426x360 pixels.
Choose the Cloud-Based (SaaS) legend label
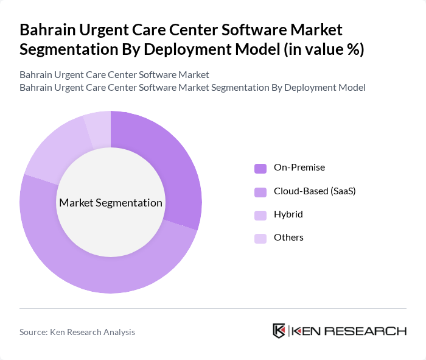pyautogui.click(x=315, y=191)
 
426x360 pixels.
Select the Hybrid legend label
pyautogui.click(x=288, y=214)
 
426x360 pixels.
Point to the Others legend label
pyautogui.click(x=288, y=238)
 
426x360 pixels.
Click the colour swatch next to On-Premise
pyautogui.click(x=260, y=168)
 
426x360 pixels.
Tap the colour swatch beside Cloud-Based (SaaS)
pyautogui.click(x=260, y=192)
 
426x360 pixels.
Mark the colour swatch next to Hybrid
pyautogui.click(x=260, y=215)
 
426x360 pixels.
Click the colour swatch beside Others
pyautogui.click(x=260, y=238)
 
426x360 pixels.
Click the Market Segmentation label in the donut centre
pyautogui.click(x=111, y=203)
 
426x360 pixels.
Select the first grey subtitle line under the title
pyautogui.click(x=114, y=75)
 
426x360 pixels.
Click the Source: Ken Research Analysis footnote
pyautogui.click(x=77, y=332)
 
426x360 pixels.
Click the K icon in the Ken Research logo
pyautogui.click(x=279, y=331)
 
